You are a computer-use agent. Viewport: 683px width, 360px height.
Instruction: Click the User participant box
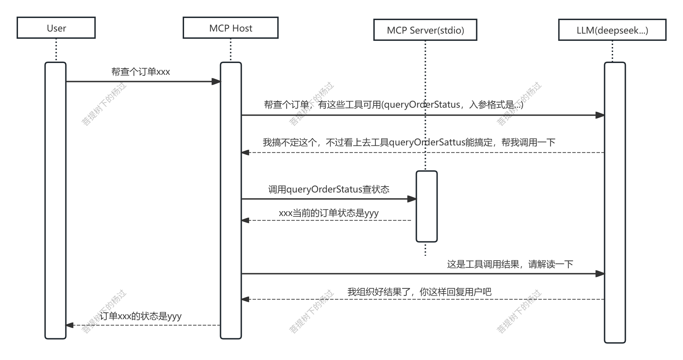click(56, 28)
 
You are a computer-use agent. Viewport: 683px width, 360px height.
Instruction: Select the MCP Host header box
click(230, 28)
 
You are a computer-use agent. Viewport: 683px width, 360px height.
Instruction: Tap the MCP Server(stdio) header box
click(425, 30)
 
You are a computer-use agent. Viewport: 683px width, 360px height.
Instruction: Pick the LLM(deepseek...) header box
click(612, 30)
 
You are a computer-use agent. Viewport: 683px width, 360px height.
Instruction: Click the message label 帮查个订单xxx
click(140, 72)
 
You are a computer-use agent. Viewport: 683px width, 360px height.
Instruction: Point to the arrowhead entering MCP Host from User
click(217, 82)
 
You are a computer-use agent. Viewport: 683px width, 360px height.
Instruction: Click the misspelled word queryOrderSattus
click(427, 142)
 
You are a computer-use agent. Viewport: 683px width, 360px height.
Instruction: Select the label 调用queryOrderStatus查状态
click(329, 189)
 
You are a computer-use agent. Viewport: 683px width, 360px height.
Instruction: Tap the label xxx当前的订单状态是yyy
click(329, 213)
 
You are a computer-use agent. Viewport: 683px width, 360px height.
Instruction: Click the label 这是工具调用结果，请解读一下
click(510, 264)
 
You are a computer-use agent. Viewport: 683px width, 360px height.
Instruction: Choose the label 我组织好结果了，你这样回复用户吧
click(419, 292)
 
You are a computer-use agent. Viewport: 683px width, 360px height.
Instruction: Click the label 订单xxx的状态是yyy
click(140, 316)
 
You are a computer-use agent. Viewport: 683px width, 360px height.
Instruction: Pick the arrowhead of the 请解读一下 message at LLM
click(600, 274)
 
